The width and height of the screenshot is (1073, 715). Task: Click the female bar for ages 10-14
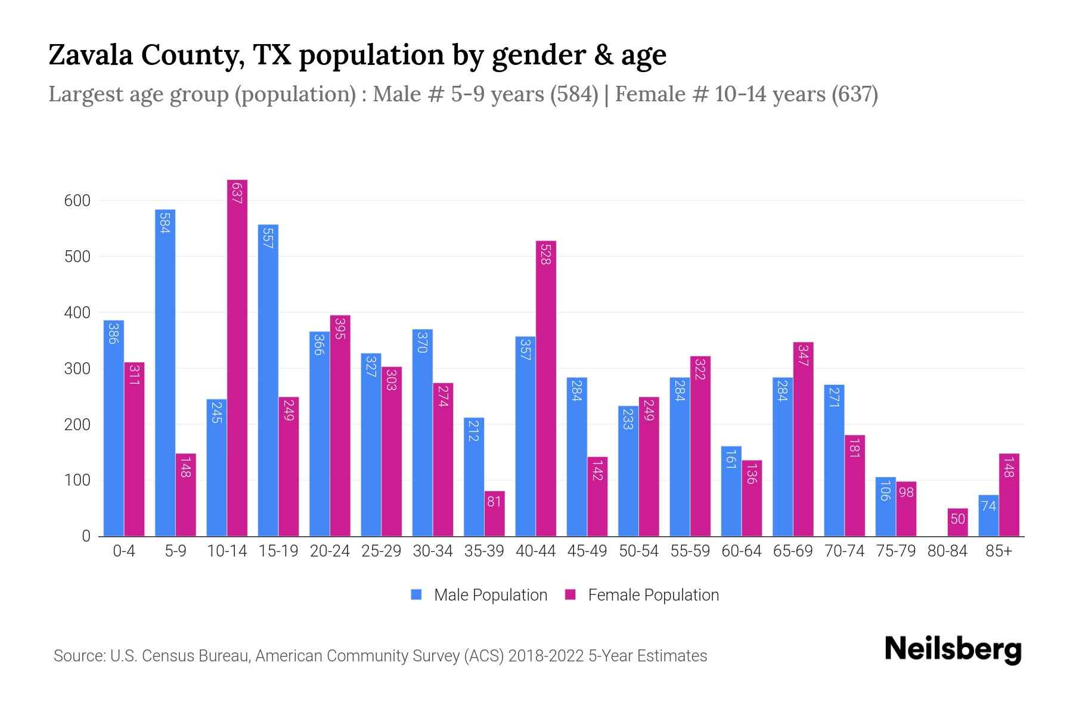pyautogui.click(x=237, y=357)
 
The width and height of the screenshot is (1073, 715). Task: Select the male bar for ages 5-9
pyautogui.click(x=165, y=372)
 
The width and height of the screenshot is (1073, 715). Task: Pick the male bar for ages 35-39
pyautogui.click(x=474, y=477)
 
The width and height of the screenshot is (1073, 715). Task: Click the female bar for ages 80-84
pyautogui.click(x=957, y=522)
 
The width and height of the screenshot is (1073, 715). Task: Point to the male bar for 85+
pyautogui.click(x=988, y=515)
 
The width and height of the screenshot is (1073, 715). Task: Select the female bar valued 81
pyautogui.click(x=494, y=514)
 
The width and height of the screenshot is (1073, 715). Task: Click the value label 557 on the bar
pyautogui.click(x=268, y=237)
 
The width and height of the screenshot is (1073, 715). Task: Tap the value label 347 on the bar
pyautogui.click(x=803, y=355)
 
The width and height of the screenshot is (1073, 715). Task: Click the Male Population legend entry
pyautogui.click(x=479, y=595)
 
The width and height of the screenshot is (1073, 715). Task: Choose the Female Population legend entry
pyautogui.click(x=642, y=595)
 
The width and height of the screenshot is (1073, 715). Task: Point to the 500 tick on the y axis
pyautogui.click(x=77, y=257)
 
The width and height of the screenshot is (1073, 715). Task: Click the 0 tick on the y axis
pyautogui.click(x=86, y=536)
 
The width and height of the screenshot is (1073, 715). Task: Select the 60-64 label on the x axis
pyautogui.click(x=741, y=551)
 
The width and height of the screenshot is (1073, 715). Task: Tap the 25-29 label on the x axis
pyautogui.click(x=381, y=551)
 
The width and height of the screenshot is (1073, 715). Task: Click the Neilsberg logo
pyautogui.click(x=953, y=649)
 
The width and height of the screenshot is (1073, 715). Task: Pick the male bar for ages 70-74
pyautogui.click(x=834, y=460)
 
